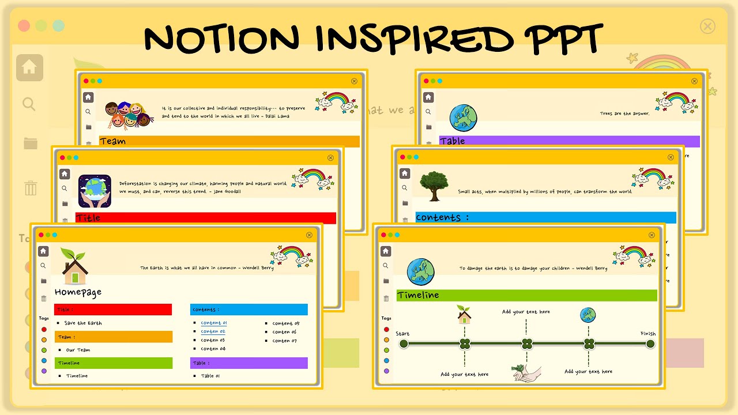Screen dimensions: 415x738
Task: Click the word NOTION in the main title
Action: coord(223,39)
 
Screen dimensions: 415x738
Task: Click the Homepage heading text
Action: coord(78,292)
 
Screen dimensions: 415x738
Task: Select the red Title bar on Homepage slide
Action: coord(113,310)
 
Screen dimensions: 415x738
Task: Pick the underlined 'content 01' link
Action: coord(213,323)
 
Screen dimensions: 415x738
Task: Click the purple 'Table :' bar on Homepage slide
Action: coord(248,363)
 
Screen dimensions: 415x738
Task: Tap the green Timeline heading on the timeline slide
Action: coord(526,295)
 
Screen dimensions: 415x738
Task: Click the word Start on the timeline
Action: coord(402,334)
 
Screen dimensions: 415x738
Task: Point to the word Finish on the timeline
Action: coord(648,334)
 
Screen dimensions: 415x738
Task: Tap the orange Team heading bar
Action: coord(229,141)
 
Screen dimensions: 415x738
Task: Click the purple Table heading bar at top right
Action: coord(569,141)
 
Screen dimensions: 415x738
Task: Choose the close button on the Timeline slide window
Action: coord(652,235)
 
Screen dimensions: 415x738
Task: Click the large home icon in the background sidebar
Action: coord(29,68)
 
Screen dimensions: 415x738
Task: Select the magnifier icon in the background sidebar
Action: coord(29,104)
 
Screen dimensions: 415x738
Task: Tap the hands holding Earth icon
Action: coord(95,191)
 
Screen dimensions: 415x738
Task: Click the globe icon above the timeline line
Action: coord(588,315)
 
